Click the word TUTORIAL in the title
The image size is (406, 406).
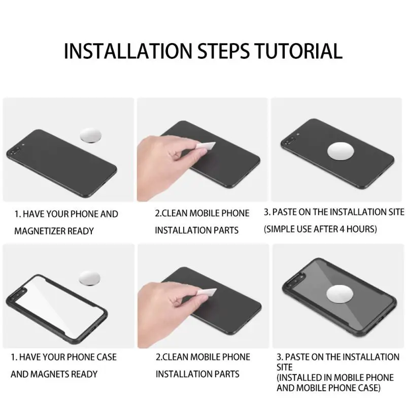298,51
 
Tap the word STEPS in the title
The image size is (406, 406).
223,51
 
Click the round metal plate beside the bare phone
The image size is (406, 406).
90,136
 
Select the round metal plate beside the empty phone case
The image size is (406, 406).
89,278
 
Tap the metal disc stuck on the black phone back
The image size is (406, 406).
341,151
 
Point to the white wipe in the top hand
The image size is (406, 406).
206,145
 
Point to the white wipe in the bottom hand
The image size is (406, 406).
207,292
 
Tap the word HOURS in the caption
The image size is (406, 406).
361,229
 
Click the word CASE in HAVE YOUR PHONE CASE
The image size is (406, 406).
107,357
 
